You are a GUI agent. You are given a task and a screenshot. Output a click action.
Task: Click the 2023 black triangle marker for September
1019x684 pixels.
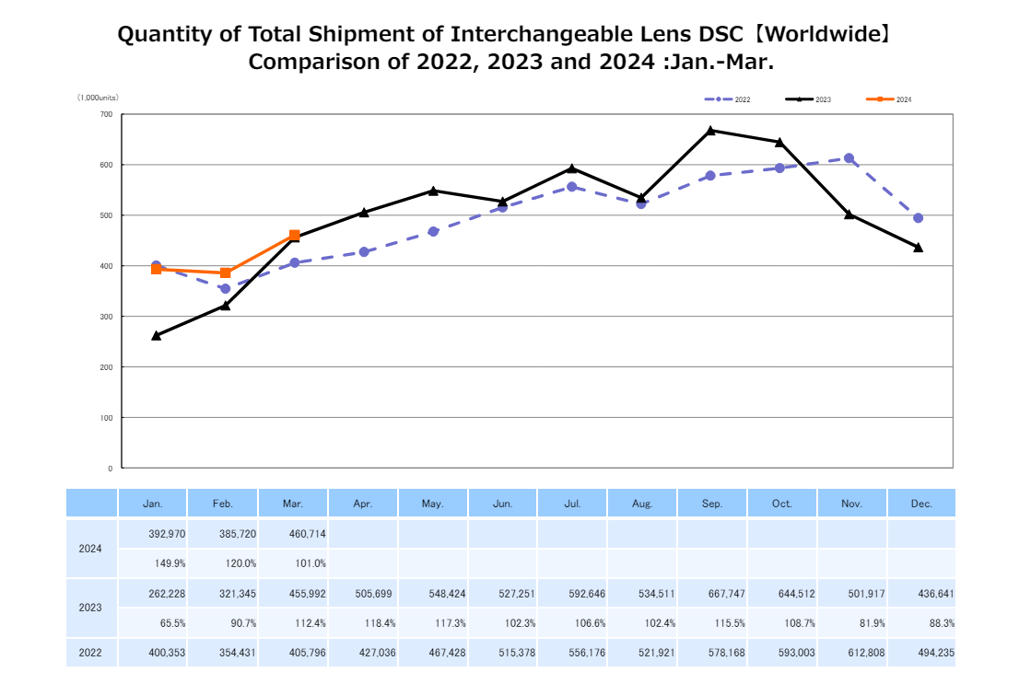(710, 131)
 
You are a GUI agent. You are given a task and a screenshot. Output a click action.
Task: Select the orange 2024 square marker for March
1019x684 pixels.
(295, 236)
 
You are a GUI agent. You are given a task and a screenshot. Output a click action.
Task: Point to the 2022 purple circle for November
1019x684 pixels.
(849, 158)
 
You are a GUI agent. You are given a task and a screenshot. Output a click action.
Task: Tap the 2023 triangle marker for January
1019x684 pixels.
(157, 336)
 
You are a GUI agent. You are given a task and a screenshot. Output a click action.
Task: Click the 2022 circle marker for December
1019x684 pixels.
(918, 218)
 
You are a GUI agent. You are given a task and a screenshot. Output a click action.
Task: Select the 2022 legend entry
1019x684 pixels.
(728, 99)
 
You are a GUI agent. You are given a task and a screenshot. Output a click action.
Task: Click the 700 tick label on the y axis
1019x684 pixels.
(106, 114)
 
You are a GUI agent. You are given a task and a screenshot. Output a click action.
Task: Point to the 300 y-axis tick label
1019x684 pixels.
(106, 317)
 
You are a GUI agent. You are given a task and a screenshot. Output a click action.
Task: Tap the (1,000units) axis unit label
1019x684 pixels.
(98, 98)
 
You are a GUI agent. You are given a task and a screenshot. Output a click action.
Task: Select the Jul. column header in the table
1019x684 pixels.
(573, 504)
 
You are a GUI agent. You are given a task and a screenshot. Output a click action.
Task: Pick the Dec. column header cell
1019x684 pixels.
(921, 504)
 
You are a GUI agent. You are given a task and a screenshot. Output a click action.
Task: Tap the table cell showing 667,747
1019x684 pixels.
(712, 594)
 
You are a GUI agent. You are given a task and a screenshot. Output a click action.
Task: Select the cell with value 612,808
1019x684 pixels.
(851, 654)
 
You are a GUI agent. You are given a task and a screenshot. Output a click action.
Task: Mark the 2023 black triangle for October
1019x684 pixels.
(779, 143)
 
